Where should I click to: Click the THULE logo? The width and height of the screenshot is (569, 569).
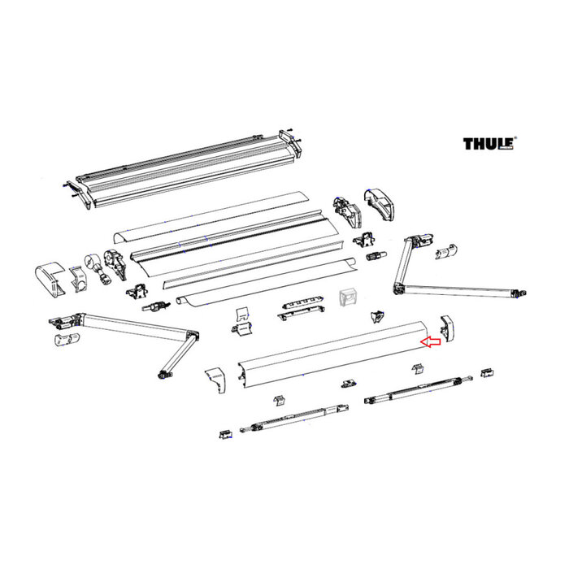coord(488,145)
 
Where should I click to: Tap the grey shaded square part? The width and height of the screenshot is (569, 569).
coord(347,298)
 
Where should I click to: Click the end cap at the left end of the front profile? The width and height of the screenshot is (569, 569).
coord(216,378)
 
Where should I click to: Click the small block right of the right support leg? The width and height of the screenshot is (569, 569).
coord(487,373)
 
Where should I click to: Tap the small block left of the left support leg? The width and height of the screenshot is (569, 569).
coord(224,434)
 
